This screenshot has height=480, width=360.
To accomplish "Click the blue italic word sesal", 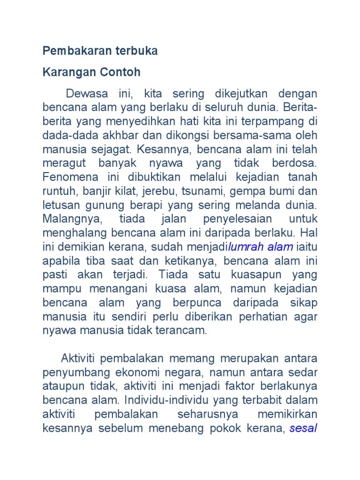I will point(303,428).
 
